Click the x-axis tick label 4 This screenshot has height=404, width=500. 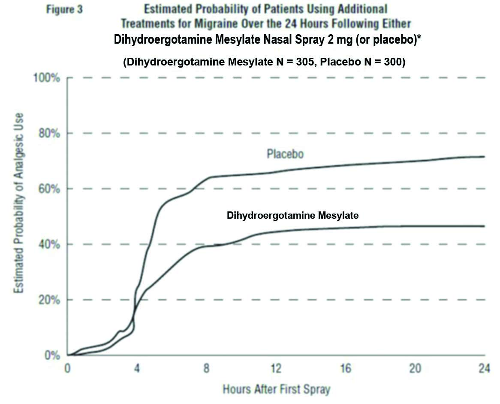137,368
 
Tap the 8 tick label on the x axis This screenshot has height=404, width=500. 207,368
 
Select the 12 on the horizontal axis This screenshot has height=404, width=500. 276,368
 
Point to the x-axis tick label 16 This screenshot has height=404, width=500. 346,368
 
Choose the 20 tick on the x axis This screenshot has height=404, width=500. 415,368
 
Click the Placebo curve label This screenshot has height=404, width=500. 285,154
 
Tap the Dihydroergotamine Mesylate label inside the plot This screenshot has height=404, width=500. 292,216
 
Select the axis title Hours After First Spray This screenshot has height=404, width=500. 277,390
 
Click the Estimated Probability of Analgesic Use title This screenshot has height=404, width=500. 19,203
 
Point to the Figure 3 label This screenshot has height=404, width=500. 64,9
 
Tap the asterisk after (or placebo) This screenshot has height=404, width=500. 419,38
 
